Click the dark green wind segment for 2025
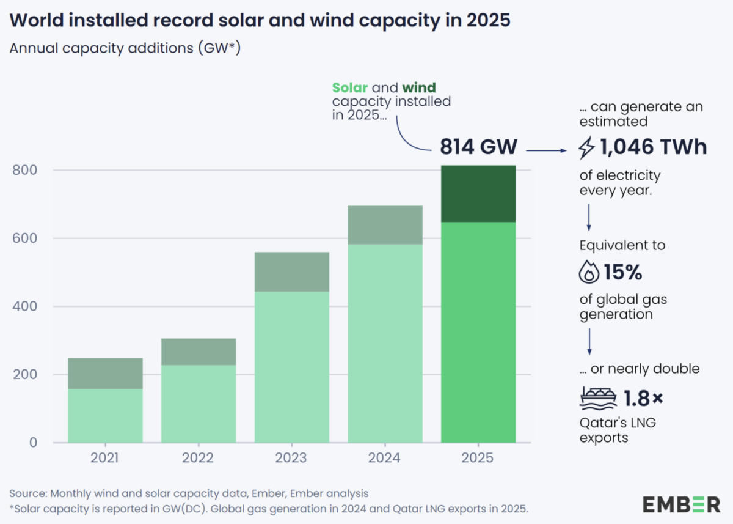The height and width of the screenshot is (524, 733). click(478, 194)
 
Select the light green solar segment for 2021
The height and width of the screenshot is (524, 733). click(105, 416)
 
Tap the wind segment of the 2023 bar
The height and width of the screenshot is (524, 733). click(291, 271)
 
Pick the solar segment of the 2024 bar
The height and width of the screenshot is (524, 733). click(385, 343)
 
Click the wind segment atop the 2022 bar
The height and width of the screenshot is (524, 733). click(199, 352)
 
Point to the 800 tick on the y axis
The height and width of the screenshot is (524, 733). click(26, 170)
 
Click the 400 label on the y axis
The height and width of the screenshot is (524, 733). click(26, 306)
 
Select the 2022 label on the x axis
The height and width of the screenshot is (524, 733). click(199, 458)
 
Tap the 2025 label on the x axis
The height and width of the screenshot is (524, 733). click(478, 458)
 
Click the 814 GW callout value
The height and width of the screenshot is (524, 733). click(478, 147)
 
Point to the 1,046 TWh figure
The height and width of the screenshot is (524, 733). click(653, 147)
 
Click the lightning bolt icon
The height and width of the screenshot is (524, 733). click(586, 148)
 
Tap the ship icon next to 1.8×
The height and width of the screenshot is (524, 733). click(597, 398)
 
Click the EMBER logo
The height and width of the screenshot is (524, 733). click(681, 504)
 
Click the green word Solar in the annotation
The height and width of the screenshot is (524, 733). click(349, 88)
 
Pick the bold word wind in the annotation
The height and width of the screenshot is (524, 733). click(419, 88)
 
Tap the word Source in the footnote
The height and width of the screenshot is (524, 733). click(27, 493)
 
